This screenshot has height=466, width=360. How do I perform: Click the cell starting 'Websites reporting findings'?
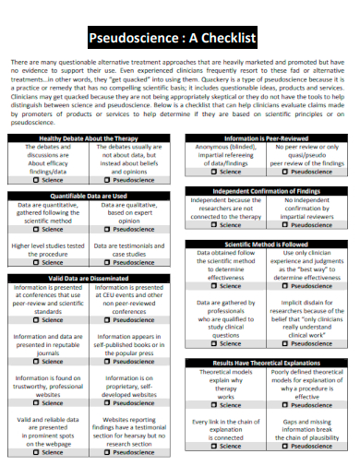click(131, 432)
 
